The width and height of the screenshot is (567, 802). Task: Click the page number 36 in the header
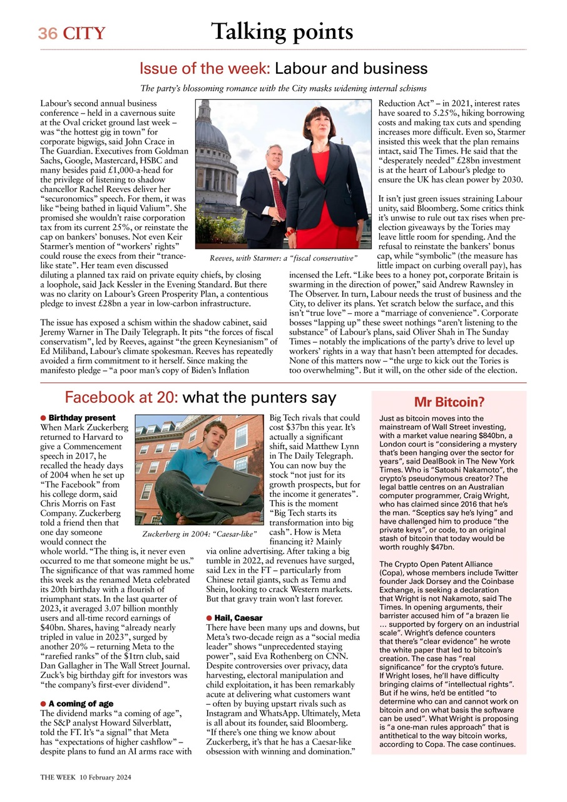click(x=47, y=33)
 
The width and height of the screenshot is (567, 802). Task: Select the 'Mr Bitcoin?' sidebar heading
click(x=449, y=402)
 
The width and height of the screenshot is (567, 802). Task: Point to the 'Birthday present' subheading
click(x=82, y=418)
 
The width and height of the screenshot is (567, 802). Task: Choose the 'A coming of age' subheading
click(x=81, y=704)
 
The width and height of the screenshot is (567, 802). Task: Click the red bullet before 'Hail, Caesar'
click(x=209, y=618)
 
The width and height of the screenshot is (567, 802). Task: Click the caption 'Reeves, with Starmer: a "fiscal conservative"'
click(x=283, y=258)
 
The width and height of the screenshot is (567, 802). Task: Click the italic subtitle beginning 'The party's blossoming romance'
click(x=283, y=88)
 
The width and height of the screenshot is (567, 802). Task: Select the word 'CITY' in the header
click(x=83, y=33)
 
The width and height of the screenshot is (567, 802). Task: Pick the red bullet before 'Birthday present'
click(x=43, y=418)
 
